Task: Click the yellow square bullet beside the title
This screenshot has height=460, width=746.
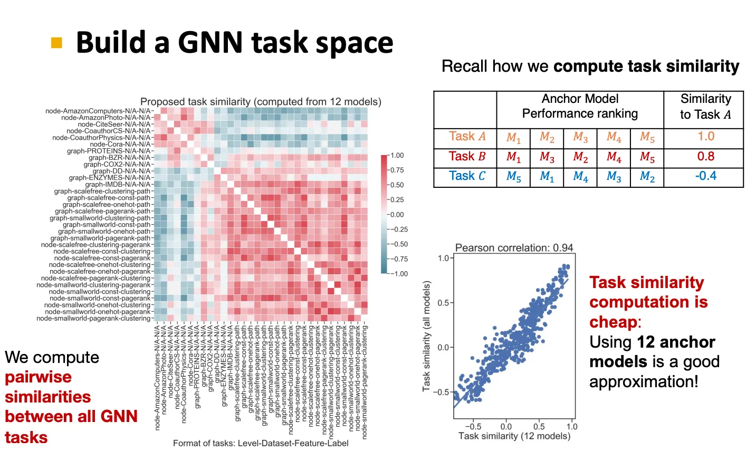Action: pyautogui.click(x=56, y=43)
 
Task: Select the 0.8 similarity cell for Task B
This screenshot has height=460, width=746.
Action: pyautogui.click(x=705, y=157)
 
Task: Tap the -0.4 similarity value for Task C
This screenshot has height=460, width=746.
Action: pyautogui.click(x=705, y=176)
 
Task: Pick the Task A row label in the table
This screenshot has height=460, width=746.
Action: pyautogui.click(x=467, y=137)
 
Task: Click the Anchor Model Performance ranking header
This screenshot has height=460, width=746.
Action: pyautogui.click(x=580, y=106)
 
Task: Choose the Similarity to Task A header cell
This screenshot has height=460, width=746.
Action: pyautogui.click(x=705, y=107)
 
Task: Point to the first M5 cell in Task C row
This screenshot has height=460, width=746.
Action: pyautogui.click(x=513, y=177)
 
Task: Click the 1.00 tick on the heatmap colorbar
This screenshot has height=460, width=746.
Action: pyautogui.click(x=397, y=156)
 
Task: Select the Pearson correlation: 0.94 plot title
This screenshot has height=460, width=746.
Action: pyautogui.click(x=514, y=248)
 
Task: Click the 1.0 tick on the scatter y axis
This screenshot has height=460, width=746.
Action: pyautogui.click(x=443, y=258)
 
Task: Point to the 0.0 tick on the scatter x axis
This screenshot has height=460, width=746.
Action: pyautogui.click(x=505, y=426)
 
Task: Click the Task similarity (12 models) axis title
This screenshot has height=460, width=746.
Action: pyautogui.click(x=514, y=436)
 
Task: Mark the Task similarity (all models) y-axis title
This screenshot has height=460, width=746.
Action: pyautogui.click(x=427, y=336)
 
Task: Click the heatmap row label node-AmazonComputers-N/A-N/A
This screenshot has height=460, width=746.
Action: pyautogui.click(x=98, y=111)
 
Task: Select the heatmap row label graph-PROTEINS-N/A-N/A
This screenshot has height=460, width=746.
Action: pyautogui.click(x=109, y=151)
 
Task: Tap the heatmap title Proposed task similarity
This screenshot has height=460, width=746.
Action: pyautogui.click(x=261, y=102)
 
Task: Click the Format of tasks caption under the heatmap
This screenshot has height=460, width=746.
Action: pyautogui.click(x=261, y=443)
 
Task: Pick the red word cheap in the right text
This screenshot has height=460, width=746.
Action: pyautogui.click(x=613, y=322)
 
